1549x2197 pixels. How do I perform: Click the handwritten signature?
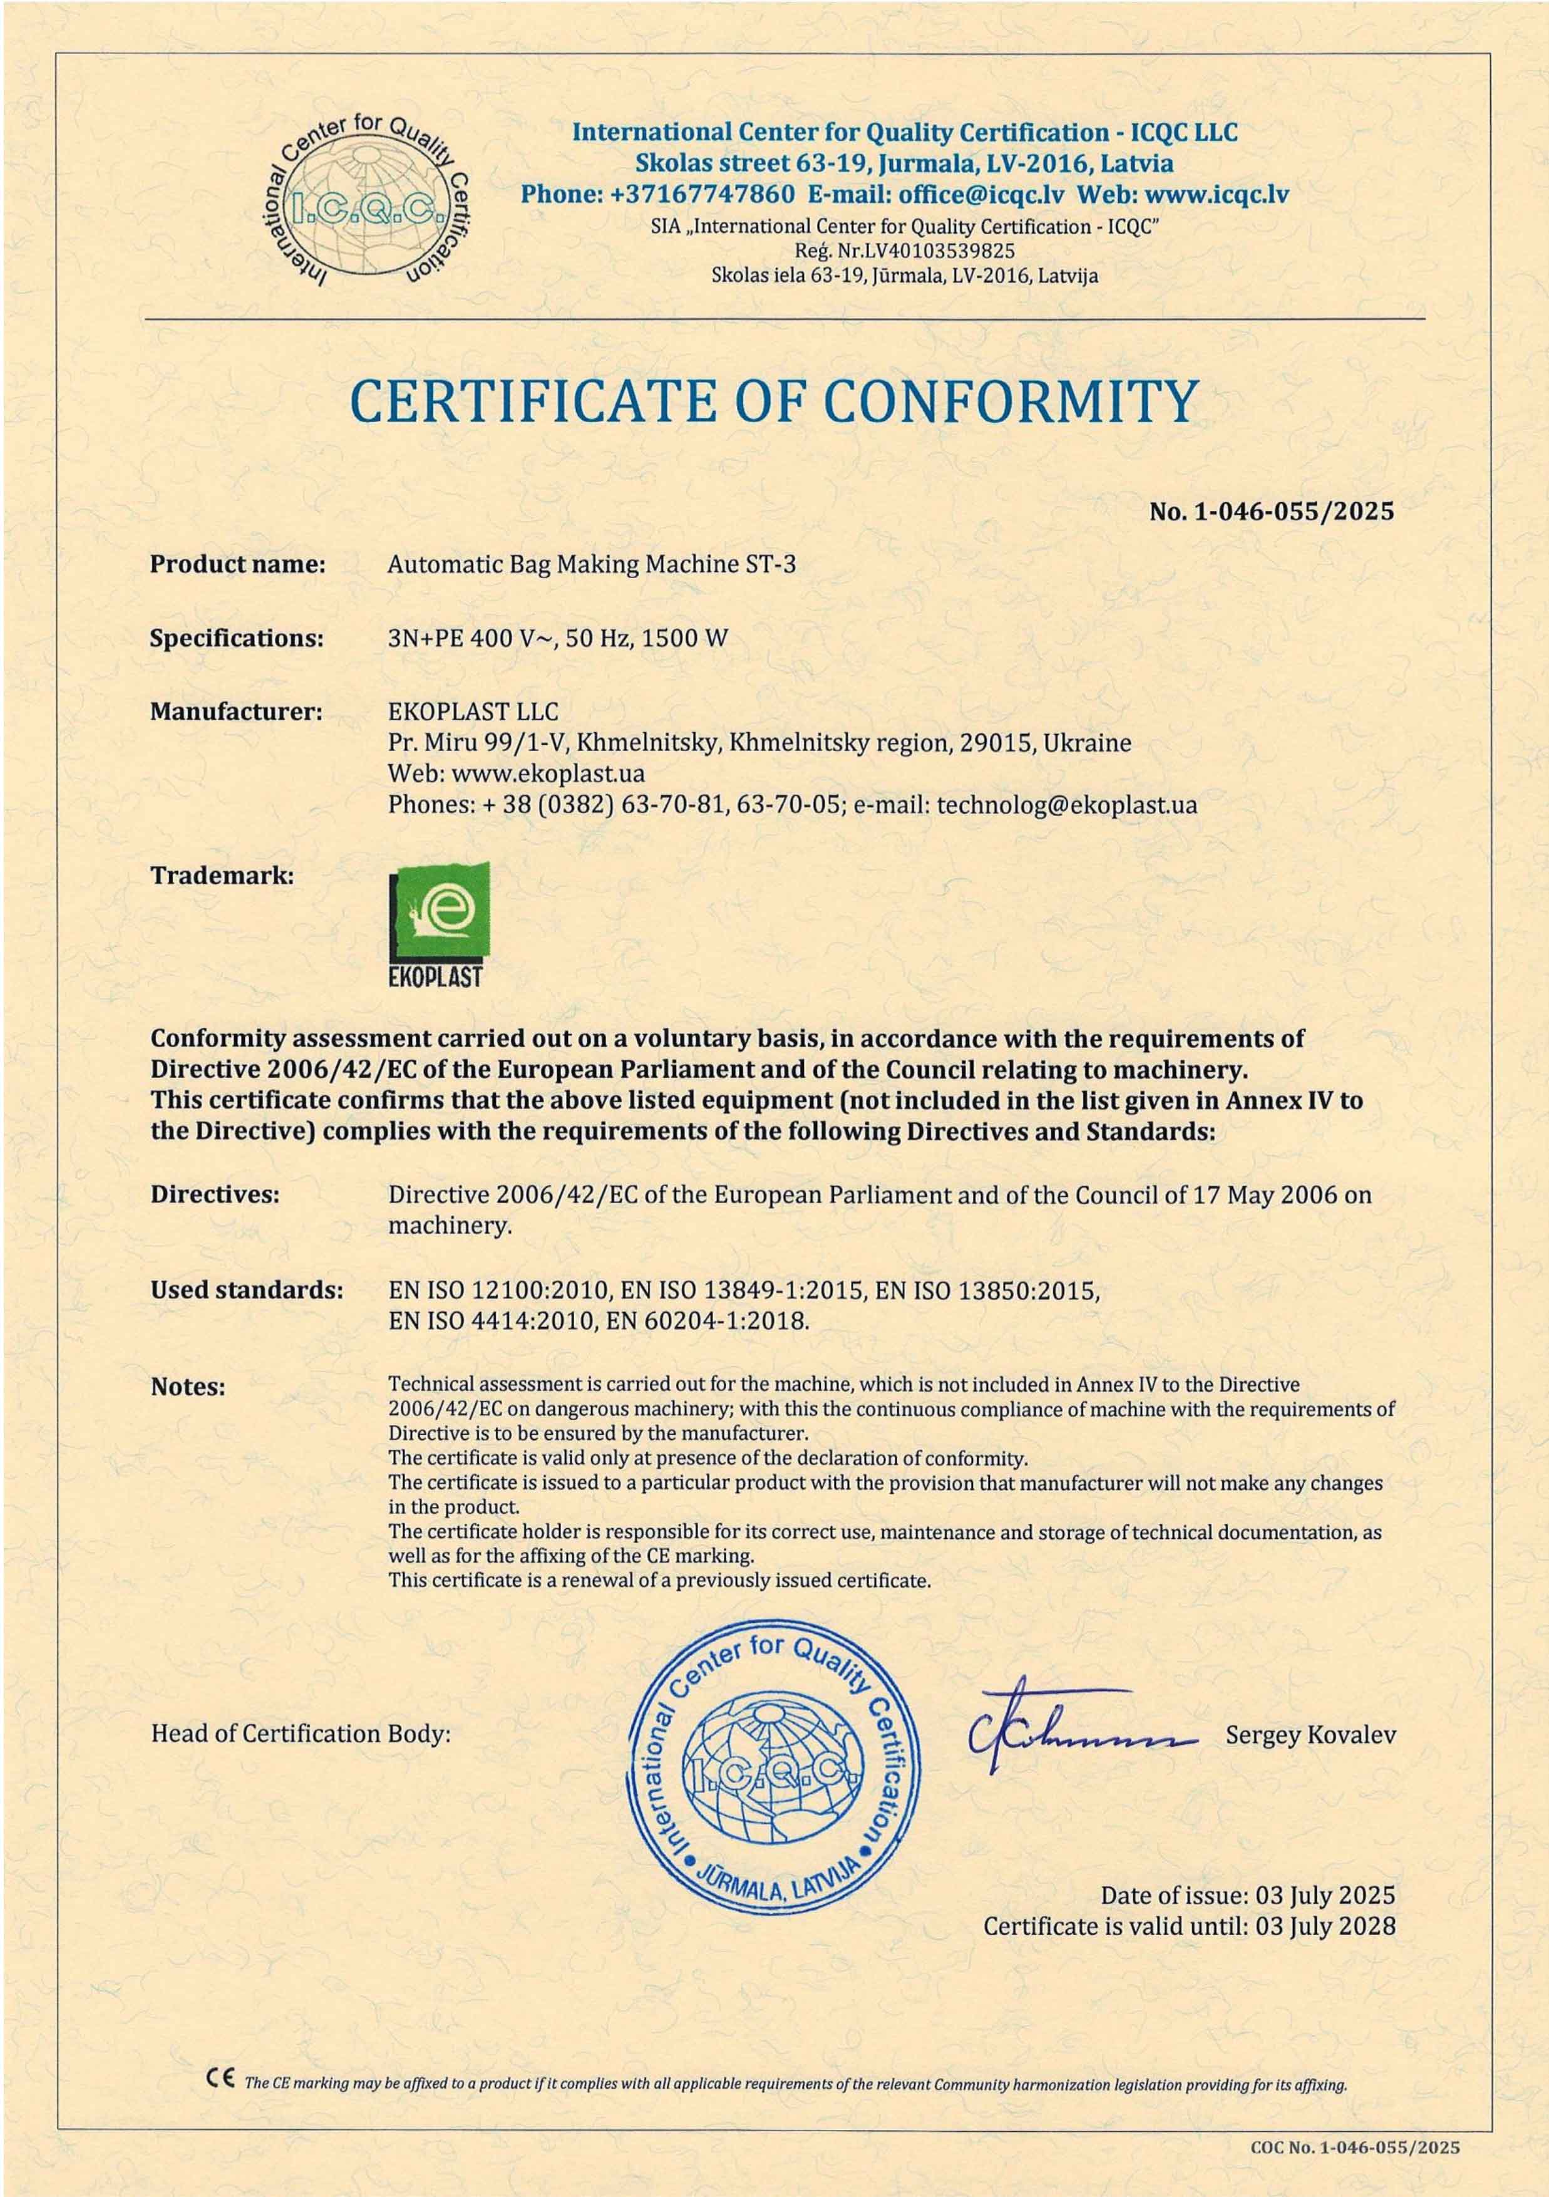(1081, 1732)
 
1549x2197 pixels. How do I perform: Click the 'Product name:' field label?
(237, 564)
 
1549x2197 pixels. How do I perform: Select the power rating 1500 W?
(684, 638)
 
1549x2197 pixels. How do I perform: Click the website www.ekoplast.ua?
(547, 773)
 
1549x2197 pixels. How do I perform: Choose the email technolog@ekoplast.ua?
(1066, 805)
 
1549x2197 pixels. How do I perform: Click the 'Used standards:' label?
(246, 1290)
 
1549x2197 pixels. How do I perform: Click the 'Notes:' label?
(188, 1387)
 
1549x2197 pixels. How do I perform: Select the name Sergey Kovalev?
(1310, 1735)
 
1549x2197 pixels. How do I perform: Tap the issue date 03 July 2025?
(1325, 1896)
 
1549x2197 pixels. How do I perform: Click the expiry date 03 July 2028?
(1325, 1926)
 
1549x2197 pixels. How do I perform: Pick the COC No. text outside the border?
(1355, 2148)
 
